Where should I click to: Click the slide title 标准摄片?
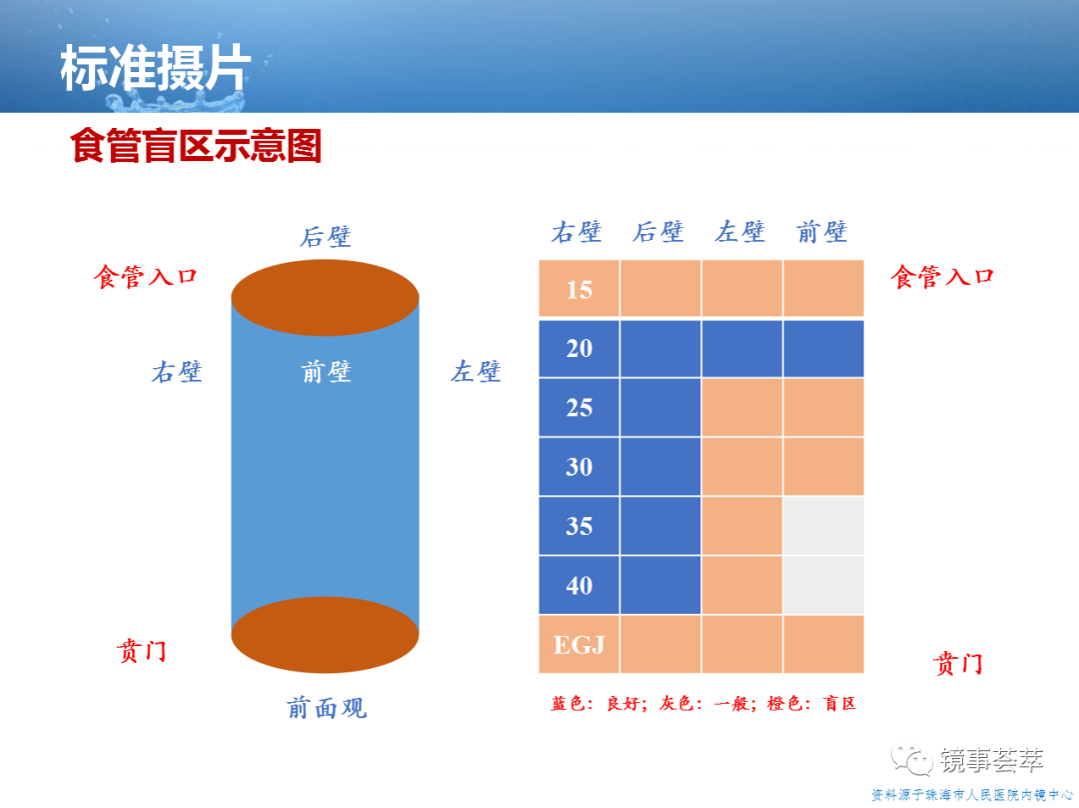click(x=156, y=68)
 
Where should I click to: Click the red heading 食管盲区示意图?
click(x=196, y=145)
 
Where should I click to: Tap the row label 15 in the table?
click(x=579, y=289)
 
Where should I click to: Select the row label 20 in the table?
click(x=579, y=348)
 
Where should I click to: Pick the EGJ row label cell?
click(x=579, y=644)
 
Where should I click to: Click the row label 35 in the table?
click(x=579, y=526)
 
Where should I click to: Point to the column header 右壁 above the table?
click(x=576, y=232)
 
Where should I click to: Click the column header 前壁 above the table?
click(x=822, y=232)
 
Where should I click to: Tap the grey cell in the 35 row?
click(x=823, y=526)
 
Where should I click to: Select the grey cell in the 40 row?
click(x=823, y=585)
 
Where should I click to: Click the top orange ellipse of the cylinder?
click(x=325, y=298)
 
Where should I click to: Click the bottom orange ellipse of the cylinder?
click(x=325, y=634)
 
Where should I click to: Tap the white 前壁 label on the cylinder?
click(x=326, y=372)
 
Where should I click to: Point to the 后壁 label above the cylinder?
click(x=326, y=236)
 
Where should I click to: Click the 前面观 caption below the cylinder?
click(x=327, y=707)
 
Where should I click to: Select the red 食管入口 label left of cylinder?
click(x=146, y=277)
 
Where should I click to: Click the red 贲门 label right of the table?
click(x=958, y=664)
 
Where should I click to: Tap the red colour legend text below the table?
click(x=703, y=703)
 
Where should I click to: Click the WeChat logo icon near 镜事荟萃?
click(x=912, y=759)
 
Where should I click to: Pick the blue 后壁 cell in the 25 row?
click(x=660, y=407)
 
